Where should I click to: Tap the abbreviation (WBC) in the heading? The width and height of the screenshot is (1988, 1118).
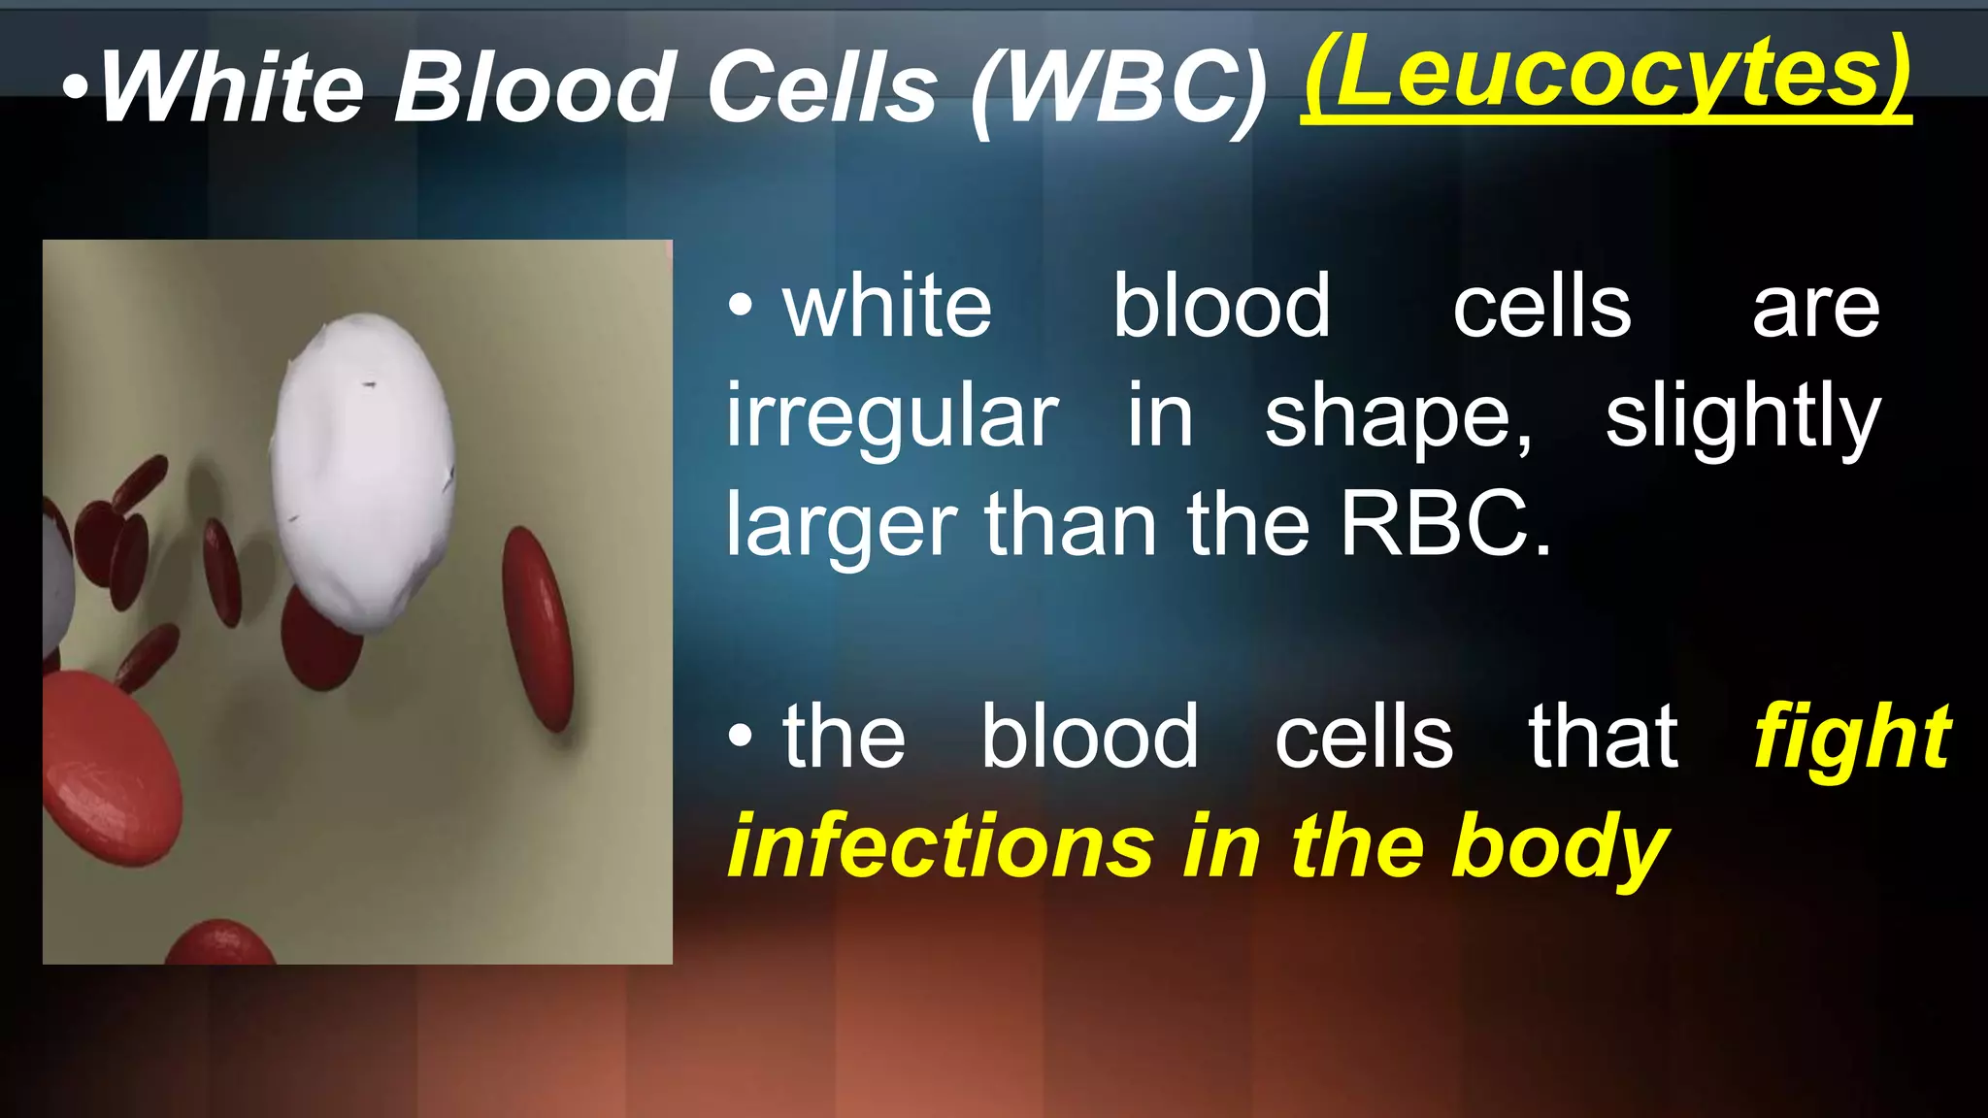[x=1119, y=89]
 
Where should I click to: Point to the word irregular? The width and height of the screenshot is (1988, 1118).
[x=892, y=417]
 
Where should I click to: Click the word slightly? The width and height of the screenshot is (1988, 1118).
[x=1742, y=417]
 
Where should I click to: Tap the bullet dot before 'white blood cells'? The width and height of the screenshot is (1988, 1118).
[x=740, y=308]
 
